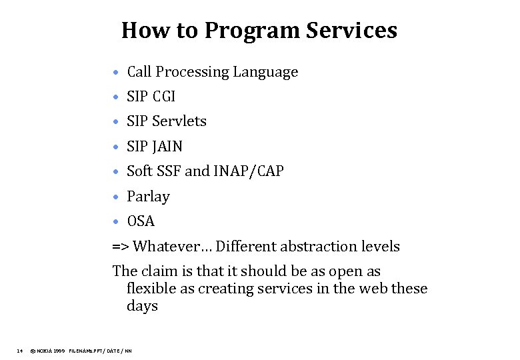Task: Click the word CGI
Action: [164, 97]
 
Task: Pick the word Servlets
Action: [179, 121]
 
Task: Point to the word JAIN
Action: [167, 146]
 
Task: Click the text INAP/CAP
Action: [249, 171]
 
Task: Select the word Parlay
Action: [148, 197]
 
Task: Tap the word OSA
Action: [140, 221]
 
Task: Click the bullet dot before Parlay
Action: [116, 197]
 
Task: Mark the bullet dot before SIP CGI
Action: [116, 97]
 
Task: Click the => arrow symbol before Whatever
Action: [121, 247]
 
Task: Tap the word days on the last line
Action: [142, 306]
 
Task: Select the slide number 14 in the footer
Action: [20, 350]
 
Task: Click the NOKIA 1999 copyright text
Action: [48, 350]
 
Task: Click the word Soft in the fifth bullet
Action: [139, 171]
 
